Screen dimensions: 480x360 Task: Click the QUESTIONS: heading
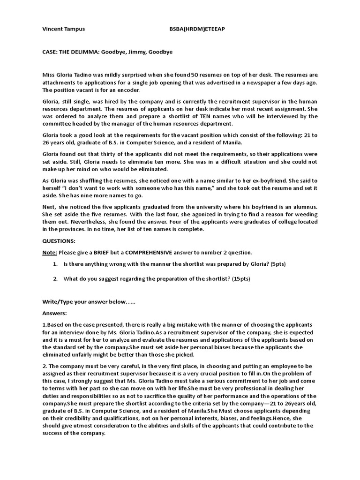[x=59, y=240]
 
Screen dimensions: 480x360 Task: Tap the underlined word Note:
[x=50, y=252]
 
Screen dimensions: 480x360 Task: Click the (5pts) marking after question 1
[x=276, y=264]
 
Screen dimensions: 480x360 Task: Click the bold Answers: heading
[x=55, y=313]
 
